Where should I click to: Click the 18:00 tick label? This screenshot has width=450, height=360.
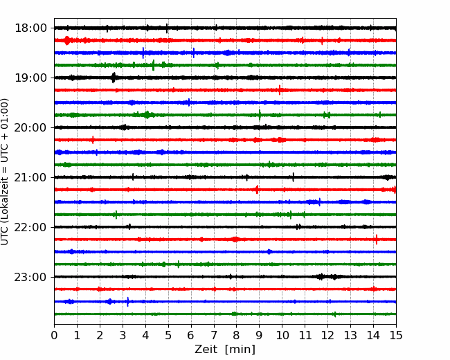(x=30, y=28)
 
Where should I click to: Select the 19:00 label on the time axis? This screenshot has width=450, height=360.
(x=30, y=78)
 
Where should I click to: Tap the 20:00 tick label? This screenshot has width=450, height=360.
(x=30, y=127)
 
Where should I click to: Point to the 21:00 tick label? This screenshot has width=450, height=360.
(x=30, y=177)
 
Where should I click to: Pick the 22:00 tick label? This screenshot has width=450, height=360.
(x=30, y=227)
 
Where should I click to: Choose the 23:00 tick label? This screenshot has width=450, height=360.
(x=30, y=277)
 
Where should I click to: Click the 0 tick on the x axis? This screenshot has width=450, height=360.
(x=54, y=335)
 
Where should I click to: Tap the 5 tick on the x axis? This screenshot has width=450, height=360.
(x=168, y=335)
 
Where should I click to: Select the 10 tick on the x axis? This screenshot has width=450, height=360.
(x=282, y=335)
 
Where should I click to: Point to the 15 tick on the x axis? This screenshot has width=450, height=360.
(x=396, y=335)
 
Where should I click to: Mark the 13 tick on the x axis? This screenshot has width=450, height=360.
(x=350, y=335)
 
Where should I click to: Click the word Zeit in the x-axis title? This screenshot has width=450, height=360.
(x=206, y=349)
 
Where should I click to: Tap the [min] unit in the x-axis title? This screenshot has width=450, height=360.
(x=240, y=350)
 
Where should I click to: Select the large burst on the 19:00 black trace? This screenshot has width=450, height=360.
(x=114, y=78)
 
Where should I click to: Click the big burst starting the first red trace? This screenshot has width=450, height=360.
(x=67, y=40)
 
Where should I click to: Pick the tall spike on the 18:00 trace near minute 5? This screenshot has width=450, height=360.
(x=167, y=28)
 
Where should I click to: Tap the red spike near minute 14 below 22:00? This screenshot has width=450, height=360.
(x=377, y=239)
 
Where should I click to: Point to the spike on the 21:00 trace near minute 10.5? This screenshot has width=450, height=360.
(x=293, y=177)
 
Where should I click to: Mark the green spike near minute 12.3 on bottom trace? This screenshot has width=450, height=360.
(x=335, y=314)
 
